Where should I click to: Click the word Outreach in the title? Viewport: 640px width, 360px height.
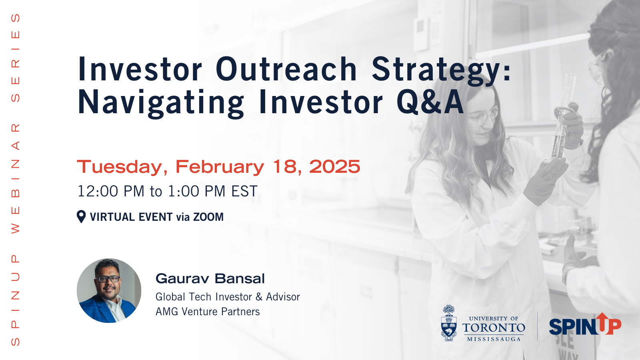pyautogui.click(x=286, y=69)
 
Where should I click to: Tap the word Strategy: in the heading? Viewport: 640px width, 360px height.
pyautogui.click(x=442, y=72)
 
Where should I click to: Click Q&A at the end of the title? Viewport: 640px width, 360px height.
pyautogui.click(x=430, y=102)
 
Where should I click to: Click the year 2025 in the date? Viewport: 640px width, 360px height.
pyautogui.click(x=334, y=166)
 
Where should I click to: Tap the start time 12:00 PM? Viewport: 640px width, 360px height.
pyautogui.click(x=111, y=191)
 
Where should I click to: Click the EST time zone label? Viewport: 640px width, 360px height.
pyautogui.click(x=244, y=191)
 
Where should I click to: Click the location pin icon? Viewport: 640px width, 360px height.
pyautogui.click(x=81, y=216)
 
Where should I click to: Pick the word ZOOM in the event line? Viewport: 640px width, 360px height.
pyautogui.click(x=208, y=217)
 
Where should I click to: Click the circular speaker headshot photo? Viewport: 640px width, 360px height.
pyautogui.click(x=109, y=290)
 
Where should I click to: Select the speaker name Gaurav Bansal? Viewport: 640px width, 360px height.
pyautogui.click(x=210, y=278)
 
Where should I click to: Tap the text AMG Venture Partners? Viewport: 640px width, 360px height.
pyautogui.click(x=208, y=312)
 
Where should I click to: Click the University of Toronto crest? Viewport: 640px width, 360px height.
pyautogui.click(x=449, y=323)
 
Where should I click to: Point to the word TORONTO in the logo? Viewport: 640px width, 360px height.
pyautogui.click(x=494, y=328)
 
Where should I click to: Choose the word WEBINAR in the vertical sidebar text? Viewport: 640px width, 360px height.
pyautogui.click(x=16, y=178)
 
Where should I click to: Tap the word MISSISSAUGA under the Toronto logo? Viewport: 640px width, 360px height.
pyautogui.click(x=494, y=339)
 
